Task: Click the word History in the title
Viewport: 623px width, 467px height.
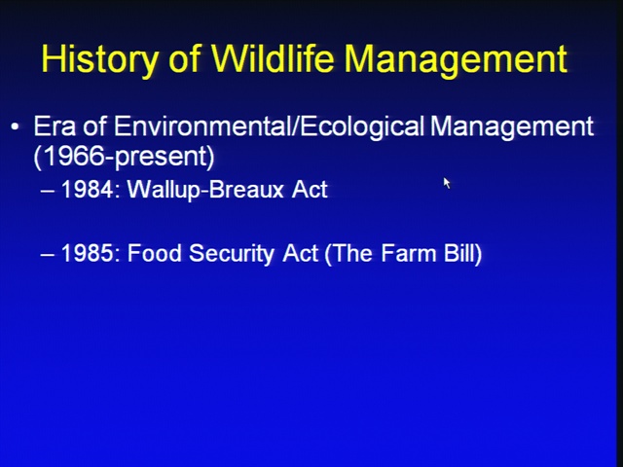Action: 99,59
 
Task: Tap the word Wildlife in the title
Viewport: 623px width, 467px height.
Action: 273,58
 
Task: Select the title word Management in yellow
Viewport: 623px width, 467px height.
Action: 456,60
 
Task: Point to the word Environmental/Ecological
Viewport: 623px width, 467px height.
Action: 270,127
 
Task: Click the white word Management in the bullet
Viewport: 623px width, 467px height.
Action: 512,127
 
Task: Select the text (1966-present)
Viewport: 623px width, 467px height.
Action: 124,157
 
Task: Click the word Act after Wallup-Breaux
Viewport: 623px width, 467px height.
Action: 310,190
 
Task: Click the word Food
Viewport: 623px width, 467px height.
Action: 155,253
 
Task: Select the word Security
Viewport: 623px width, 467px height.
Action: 232,254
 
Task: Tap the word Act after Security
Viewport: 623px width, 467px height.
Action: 301,253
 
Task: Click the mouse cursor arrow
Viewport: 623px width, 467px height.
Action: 447,183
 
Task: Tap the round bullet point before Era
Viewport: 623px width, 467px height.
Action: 16,127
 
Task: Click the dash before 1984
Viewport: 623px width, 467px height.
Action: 48,192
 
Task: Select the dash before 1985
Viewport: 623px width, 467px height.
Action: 48,255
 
